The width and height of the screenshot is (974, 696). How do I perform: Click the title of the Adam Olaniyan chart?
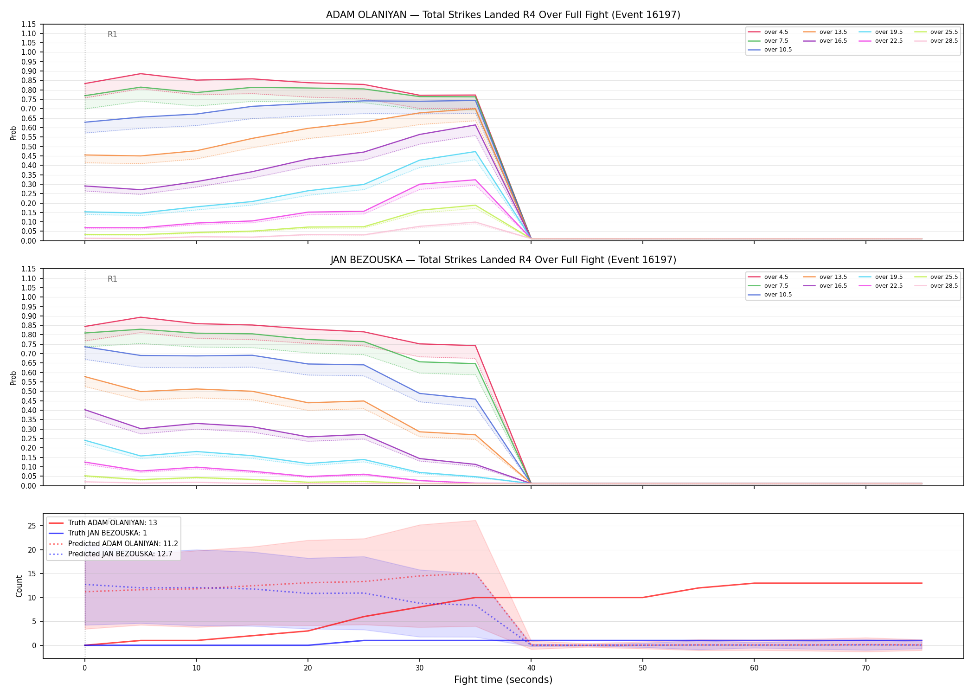click(x=503, y=15)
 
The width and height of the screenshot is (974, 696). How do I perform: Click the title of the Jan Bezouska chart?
click(x=503, y=260)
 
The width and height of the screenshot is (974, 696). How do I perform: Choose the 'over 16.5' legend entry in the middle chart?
click(x=825, y=286)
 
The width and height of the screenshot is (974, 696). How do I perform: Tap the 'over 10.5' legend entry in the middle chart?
click(x=770, y=295)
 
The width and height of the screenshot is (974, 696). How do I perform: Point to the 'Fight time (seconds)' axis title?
click(x=503, y=680)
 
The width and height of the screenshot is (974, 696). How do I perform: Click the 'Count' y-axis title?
click(x=19, y=586)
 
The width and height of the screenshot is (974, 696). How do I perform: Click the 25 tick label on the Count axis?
click(x=32, y=526)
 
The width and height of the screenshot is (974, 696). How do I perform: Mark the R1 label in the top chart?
click(x=112, y=34)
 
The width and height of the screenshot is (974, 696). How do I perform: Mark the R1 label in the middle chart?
click(x=112, y=279)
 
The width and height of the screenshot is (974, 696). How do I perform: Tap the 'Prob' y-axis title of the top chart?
click(x=13, y=133)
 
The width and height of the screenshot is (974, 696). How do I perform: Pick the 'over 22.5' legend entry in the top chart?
click(x=881, y=41)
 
